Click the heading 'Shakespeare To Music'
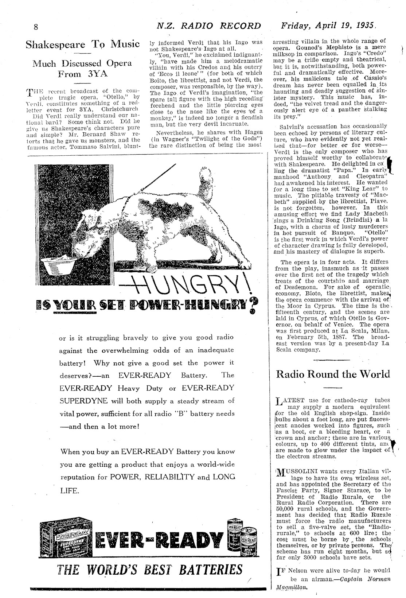[83, 44]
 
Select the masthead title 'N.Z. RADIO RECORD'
[208, 26]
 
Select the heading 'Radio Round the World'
[333, 374]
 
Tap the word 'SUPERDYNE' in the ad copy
[83, 401]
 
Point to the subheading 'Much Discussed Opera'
[82, 63]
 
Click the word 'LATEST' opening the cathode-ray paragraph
[295, 400]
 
